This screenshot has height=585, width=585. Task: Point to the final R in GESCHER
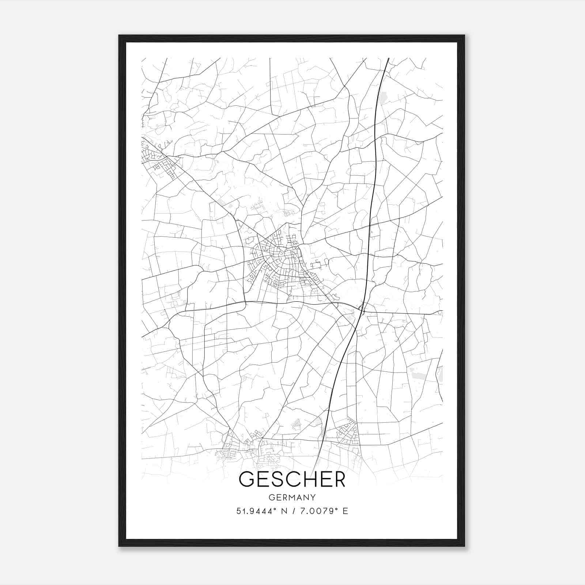[339, 480]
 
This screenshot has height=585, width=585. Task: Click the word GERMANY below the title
[292, 498]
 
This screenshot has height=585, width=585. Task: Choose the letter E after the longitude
[345, 511]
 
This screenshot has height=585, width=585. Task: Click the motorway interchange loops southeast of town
[362, 310]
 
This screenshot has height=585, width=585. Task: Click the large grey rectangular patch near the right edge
[416, 373]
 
